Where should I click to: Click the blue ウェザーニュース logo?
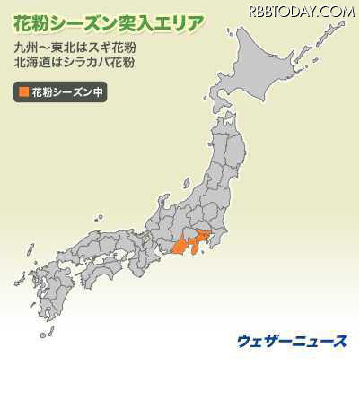[x=292, y=341]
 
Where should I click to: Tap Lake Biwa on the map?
[x=149, y=235]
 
